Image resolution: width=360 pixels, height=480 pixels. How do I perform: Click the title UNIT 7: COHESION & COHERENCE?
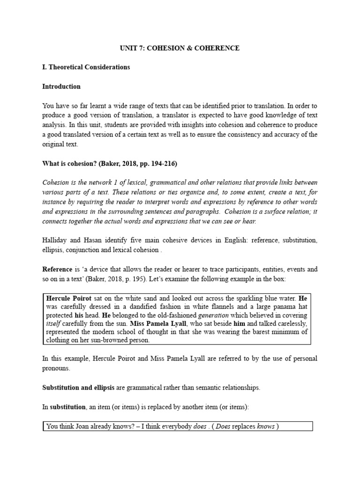(x=180, y=48)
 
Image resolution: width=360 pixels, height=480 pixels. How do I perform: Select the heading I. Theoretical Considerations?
(x=86, y=67)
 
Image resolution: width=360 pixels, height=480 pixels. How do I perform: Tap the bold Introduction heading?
(x=61, y=86)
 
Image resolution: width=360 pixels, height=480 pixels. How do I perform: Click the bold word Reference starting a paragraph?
(x=57, y=270)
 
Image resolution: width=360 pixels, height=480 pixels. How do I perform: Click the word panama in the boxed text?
(x=287, y=307)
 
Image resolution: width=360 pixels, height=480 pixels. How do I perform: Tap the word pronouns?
(x=57, y=368)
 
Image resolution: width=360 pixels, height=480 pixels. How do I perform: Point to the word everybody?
(x=173, y=426)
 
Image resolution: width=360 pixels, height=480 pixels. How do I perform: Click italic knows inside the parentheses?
(x=266, y=426)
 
